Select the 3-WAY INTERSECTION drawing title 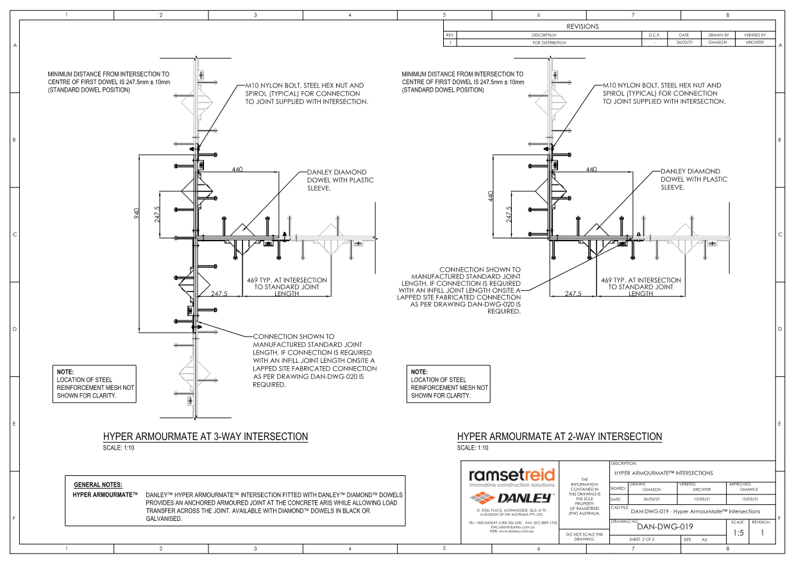205,437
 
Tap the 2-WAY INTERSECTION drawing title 559,437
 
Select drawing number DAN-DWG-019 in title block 664,527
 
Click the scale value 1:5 738,532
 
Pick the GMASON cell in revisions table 716,42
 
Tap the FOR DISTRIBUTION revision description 549,42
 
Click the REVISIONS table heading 582,26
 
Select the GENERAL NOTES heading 98,484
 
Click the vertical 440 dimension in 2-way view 491,195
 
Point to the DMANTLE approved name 749,489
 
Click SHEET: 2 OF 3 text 642,540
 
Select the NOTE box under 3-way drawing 95,384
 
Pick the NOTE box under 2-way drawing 449,384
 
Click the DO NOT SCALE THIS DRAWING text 584,536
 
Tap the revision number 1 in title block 763,532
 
